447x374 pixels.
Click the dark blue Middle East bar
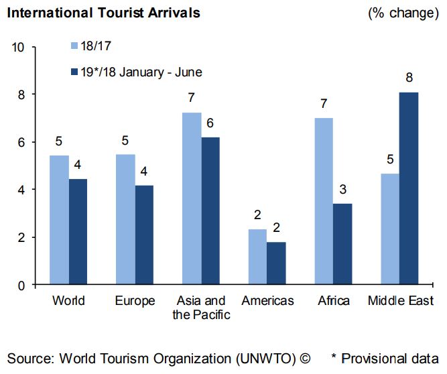coord(409,188)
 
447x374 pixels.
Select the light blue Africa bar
coord(324,201)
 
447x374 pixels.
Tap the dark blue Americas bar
coord(276,263)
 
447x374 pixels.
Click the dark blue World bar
coord(78,232)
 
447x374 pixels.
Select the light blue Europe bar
coord(125,219)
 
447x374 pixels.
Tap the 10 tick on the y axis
coord(18,48)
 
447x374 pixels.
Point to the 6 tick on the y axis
coord(21,143)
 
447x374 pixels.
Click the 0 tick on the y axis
coord(21,286)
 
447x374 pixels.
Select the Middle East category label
coord(400,300)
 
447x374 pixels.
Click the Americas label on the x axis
coord(267,300)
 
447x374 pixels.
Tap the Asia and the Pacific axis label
coord(201,307)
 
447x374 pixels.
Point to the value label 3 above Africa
coord(342,189)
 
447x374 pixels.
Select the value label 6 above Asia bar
coord(210,123)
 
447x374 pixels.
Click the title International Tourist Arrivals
coord(103,13)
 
